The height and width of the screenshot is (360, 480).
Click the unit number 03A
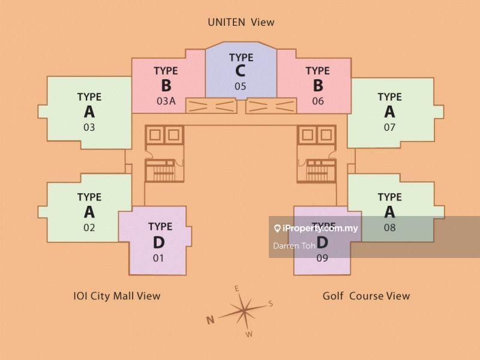(x=166, y=101)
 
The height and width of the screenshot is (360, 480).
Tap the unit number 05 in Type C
(x=241, y=86)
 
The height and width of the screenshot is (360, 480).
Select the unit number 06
(x=318, y=101)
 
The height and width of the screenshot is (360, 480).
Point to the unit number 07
(x=390, y=127)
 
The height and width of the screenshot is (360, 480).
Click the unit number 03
(x=89, y=127)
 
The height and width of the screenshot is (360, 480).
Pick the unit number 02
(x=89, y=227)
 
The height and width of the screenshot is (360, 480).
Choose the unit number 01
(x=159, y=258)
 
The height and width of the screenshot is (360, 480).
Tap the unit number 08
(x=390, y=227)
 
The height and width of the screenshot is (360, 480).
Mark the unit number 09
(x=323, y=258)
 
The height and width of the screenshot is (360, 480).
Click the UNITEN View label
(x=241, y=22)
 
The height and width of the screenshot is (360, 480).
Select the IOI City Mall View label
(x=116, y=295)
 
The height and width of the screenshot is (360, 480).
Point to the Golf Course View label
(x=366, y=295)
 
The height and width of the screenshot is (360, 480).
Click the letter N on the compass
(x=211, y=320)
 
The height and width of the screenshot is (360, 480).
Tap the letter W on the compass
(x=250, y=334)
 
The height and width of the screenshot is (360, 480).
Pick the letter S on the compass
(x=271, y=304)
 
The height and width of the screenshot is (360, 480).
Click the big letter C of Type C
(x=241, y=71)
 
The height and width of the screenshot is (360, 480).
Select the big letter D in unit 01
(x=159, y=242)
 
